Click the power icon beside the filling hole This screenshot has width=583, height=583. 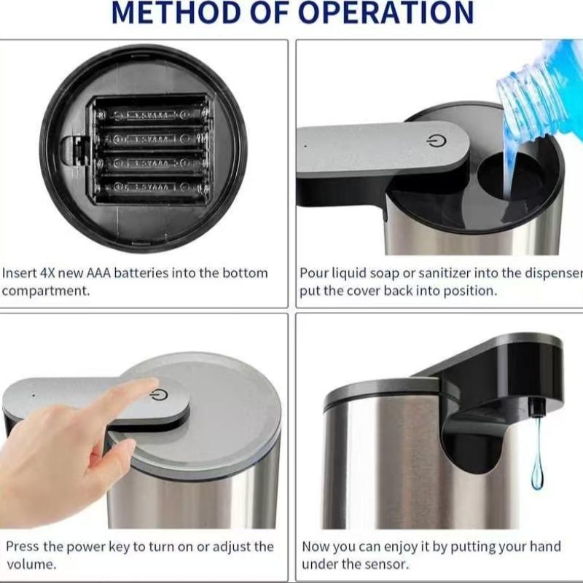click(436, 141)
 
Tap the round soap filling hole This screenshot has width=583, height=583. click(510, 175)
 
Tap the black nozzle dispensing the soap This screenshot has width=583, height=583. click(537, 405)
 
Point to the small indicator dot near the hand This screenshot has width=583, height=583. click(33, 396)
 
